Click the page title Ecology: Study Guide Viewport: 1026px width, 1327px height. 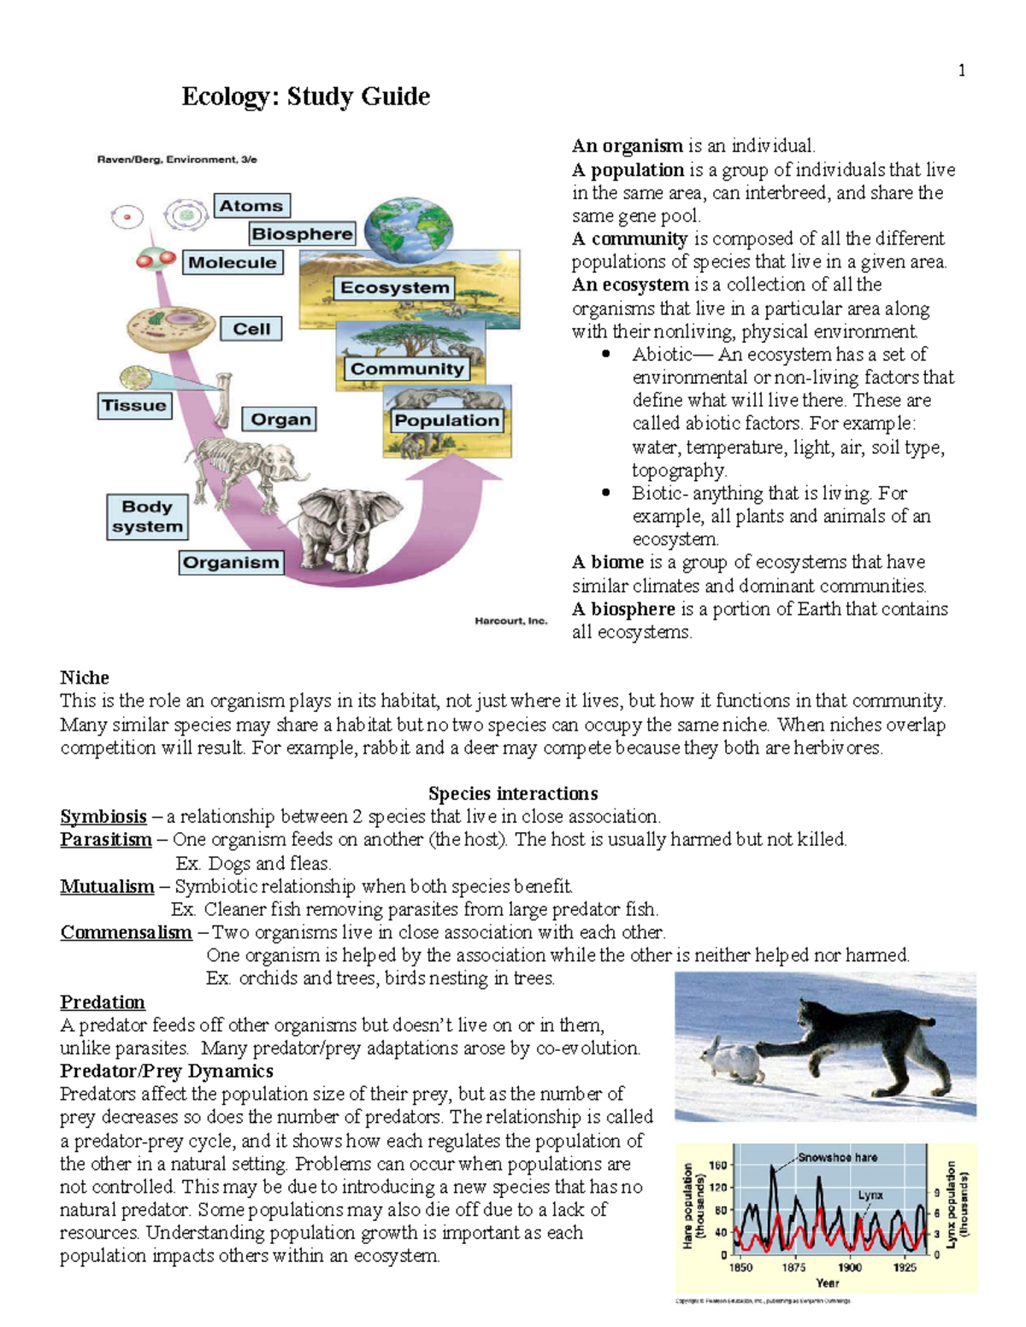pos(305,97)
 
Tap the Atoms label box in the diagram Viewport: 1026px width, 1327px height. pos(251,206)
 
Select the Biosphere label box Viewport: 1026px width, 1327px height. pos(302,233)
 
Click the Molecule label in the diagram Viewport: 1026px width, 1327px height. pos(233,262)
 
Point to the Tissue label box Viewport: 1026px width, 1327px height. pos(134,405)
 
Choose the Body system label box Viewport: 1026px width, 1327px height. pos(147,517)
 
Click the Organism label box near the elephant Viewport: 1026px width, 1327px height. pos(231,562)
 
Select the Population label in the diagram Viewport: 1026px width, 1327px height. pos(446,420)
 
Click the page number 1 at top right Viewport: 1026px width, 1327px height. pos(962,71)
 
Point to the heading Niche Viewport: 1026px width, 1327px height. pos(85,678)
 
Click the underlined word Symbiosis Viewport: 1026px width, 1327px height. pos(103,816)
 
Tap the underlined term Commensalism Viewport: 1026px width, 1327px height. pos(126,932)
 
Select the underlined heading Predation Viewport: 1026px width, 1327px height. pos(103,1001)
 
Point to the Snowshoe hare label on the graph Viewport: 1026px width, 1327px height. pos(837,1157)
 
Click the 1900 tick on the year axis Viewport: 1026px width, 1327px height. pos(849,1267)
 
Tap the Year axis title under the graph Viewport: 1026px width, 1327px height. pos(827,1283)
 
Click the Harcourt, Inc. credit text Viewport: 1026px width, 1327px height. pos(510,621)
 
